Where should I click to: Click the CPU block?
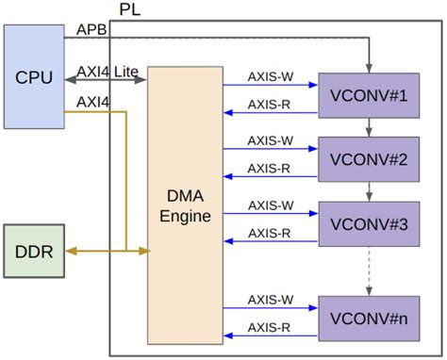click(x=33, y=76)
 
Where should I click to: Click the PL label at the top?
click(x=132, y=9)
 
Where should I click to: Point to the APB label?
click(x=92, y=30)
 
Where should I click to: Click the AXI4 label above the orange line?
click(x=91, y=101)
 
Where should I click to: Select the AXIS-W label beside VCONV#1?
click(x=270, y=75)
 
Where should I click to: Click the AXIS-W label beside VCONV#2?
click(x=270, y=139)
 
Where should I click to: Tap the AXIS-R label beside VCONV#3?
click(x=270, y=233)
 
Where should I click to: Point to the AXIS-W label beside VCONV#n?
click(x=270, y=300)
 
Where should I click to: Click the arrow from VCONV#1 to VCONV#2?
click(x=369, y=126)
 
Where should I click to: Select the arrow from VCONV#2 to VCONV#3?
click(x=369, y=191)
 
